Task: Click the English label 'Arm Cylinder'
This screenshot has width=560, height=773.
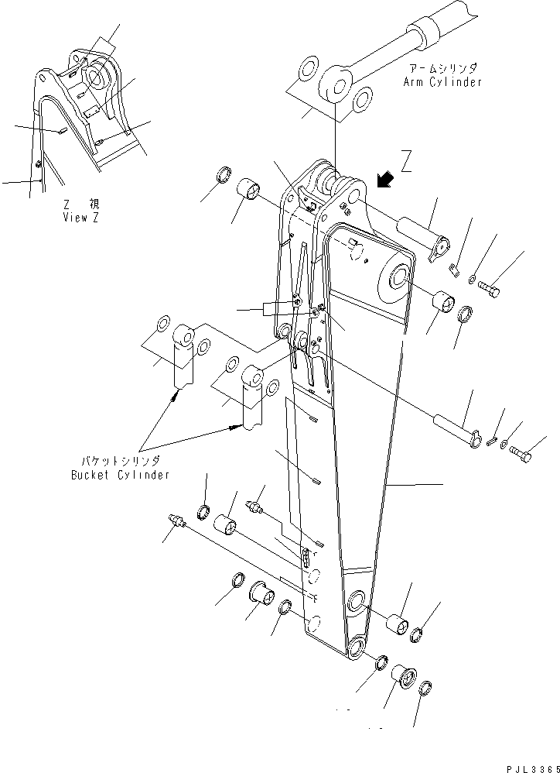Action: point(442,81)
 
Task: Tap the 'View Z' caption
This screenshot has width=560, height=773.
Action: point(81,218)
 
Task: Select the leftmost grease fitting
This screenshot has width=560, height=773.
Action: point(176,524)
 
